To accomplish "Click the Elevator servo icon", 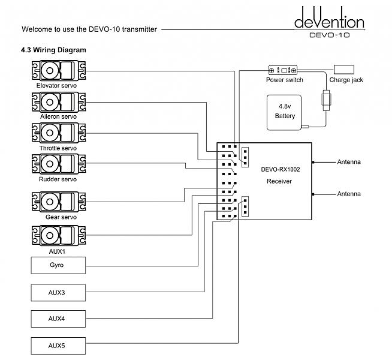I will tap(58, 71).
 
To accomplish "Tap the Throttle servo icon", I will tap(58, 133).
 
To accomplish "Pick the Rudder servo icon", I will tap(58, 164).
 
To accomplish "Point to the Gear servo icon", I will tap(58, 201).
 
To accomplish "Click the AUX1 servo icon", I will tap(58, 235).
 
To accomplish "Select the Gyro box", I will tap(58, 264).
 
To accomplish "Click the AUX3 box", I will tap(58, 292).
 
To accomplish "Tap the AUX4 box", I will tap(58, 318).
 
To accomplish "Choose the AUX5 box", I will tap(58, 346).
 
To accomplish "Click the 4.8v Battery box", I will tap(285, 111).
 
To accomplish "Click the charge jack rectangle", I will tap(344, 69).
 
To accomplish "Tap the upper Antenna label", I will tap(349, 162).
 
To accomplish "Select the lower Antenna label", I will tap(349, 194).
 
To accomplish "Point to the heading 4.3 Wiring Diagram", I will tap(53, 50).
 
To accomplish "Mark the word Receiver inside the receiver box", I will tap(279, 181).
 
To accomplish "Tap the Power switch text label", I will tap(285, 80).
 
